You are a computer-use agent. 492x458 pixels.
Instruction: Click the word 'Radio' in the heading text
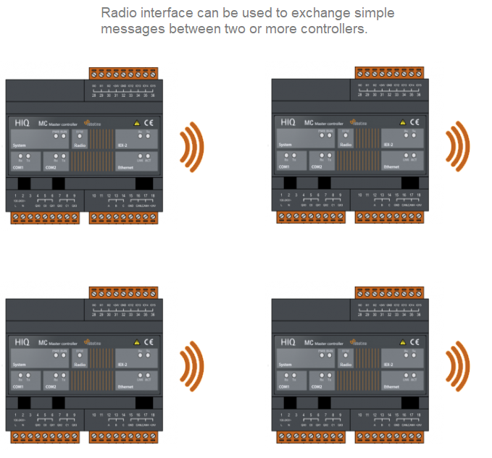click(x=118, y=14)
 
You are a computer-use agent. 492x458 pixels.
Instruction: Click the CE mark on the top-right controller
click(x=414, y=123)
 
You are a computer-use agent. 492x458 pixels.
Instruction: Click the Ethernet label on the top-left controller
click(x=125, y=167)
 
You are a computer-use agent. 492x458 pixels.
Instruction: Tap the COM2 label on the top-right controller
click(x=317, y=167)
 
